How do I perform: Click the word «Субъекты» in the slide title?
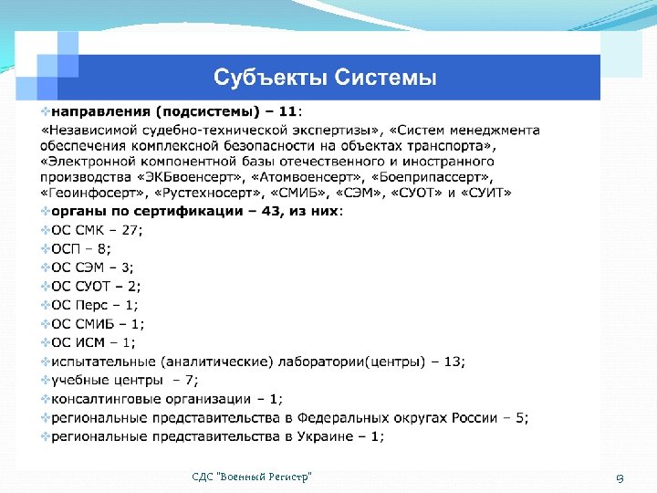coord(265,77)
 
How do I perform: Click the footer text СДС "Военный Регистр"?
coord(252,477)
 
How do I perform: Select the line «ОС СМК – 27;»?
coord(97,229)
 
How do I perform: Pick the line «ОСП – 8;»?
coord(81,248)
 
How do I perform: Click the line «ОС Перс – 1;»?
coord(95,305)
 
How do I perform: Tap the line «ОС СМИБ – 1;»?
coord(98,323)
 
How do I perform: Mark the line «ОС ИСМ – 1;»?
coord(94,342)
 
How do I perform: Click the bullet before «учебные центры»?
coord(46,380)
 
